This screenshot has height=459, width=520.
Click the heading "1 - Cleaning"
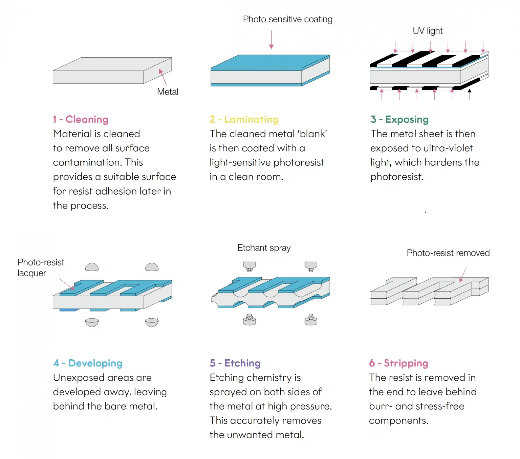click(x=81, y=119)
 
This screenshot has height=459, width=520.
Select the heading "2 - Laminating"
click(x=244, y=119)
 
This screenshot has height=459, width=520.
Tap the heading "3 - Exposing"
click(x=399, y=119)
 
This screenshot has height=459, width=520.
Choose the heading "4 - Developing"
click(x=88, y=363)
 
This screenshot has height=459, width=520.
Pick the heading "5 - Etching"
click(x=235, y=363)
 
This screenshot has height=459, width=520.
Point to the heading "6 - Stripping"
click(x=398, y=363)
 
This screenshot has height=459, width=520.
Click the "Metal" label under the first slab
click(x=168, y=92)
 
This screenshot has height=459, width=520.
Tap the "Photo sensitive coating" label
click(x=287, y=19)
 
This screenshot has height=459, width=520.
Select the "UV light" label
click(x=428, y=31)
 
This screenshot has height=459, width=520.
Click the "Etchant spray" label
click(x=264, y=248)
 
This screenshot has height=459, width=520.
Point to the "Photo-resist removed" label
click(x=448, y=253)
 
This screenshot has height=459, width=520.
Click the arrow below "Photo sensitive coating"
click(x=271, y=39)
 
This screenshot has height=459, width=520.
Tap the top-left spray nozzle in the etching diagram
click(x=250, y=266)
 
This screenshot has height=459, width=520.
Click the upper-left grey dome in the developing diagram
click(x=92, y=267)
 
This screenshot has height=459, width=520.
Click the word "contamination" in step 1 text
click(x=87, y=162)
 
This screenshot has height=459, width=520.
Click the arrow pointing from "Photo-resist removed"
click(x=463, y=275)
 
